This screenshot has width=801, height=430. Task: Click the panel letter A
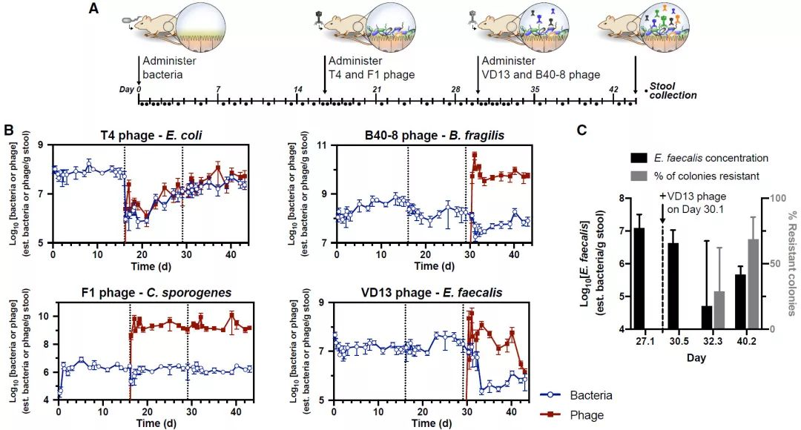[93, 10]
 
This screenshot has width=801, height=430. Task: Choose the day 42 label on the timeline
[613, 89]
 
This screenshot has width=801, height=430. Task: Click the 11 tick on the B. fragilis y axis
[321, 145]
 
